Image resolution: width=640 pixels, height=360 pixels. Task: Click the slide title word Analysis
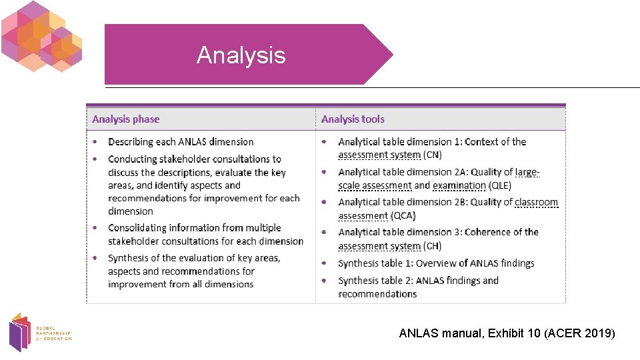(x=241, y=55)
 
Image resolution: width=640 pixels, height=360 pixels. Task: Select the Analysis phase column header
(x=126, y=119)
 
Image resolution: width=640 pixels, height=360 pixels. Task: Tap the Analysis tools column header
(x=353, y=119)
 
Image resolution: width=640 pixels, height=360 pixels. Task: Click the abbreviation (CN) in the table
(x=433, y=155)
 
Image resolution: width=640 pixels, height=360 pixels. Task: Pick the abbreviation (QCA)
(x=403, y=215)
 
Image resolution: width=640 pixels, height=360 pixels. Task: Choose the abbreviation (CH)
(x=433, y=245)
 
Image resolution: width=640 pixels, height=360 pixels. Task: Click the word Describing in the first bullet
(x=131, y=142)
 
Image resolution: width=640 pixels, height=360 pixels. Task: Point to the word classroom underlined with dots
(x=537, y=202)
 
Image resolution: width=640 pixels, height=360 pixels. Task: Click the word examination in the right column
(x=459, y=185)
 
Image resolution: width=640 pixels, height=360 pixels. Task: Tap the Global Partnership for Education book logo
(x=20, y=331)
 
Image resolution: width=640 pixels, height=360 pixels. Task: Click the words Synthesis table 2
(x=374, y=281)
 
